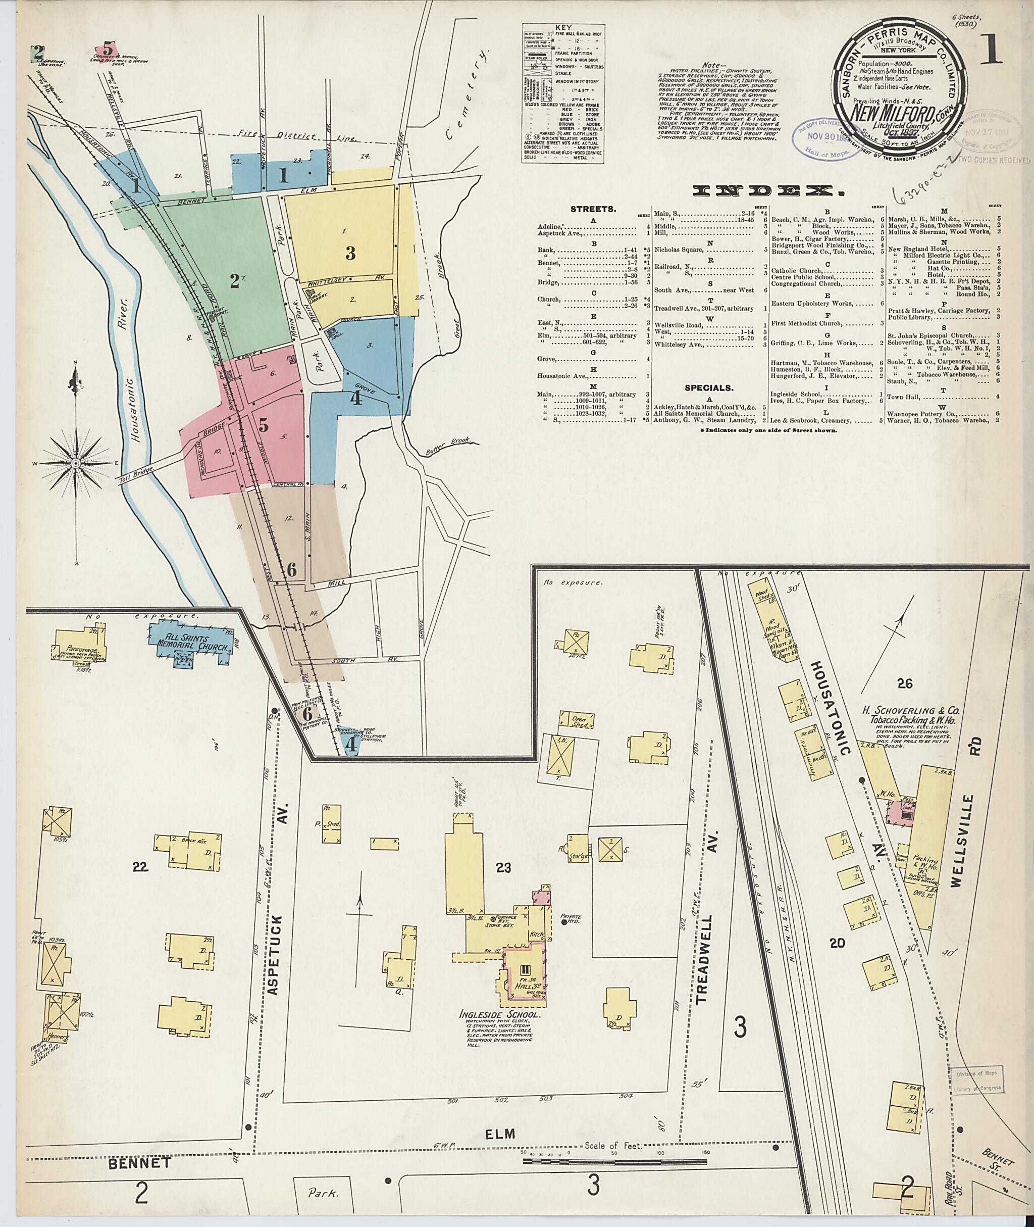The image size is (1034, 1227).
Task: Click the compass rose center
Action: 76,464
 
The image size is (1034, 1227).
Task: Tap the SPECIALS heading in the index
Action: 707,387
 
